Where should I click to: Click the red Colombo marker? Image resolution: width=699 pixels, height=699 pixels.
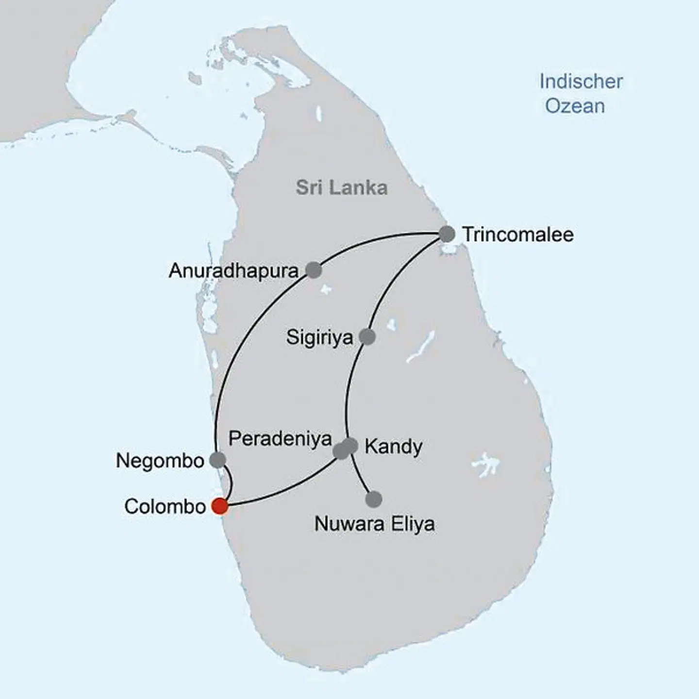click(x=220, y=506)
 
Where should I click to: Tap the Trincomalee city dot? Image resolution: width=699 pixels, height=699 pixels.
click(x=447, y=234)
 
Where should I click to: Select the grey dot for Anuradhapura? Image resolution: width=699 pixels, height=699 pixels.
click(x=314, y=270)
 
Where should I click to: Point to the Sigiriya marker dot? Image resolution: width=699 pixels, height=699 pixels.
click(x=367, y=336)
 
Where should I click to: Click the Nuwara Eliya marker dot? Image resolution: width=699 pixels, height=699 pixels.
click(x=374, y=499)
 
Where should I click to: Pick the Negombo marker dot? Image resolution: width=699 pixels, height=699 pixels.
click(x=217, y=460)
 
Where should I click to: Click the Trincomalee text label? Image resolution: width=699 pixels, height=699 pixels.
click(x=517, y=234)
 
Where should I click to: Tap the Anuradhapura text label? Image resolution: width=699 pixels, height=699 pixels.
click(x=233, y=271)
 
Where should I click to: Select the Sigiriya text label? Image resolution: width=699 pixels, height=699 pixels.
click(x=319, y=337)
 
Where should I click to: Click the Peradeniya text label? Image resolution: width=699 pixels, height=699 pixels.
click(x=280, y=438)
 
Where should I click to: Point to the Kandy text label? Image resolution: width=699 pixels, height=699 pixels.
click(x=393, y=447)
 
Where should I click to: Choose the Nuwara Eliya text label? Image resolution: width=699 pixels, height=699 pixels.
click(x=374, y=524)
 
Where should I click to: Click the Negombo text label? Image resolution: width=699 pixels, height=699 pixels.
click(x=160, y=461)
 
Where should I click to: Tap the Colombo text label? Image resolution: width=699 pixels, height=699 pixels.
click(x=165, y=506)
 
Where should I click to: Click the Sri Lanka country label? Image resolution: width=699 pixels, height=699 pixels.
click(x=342, y=188)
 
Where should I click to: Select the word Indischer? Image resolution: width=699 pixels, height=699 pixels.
click(x=581, y=82)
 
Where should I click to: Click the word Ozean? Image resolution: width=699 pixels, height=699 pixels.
click(x=575, y=106)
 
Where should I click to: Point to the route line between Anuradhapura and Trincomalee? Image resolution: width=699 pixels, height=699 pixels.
click(x=379, y=240)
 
